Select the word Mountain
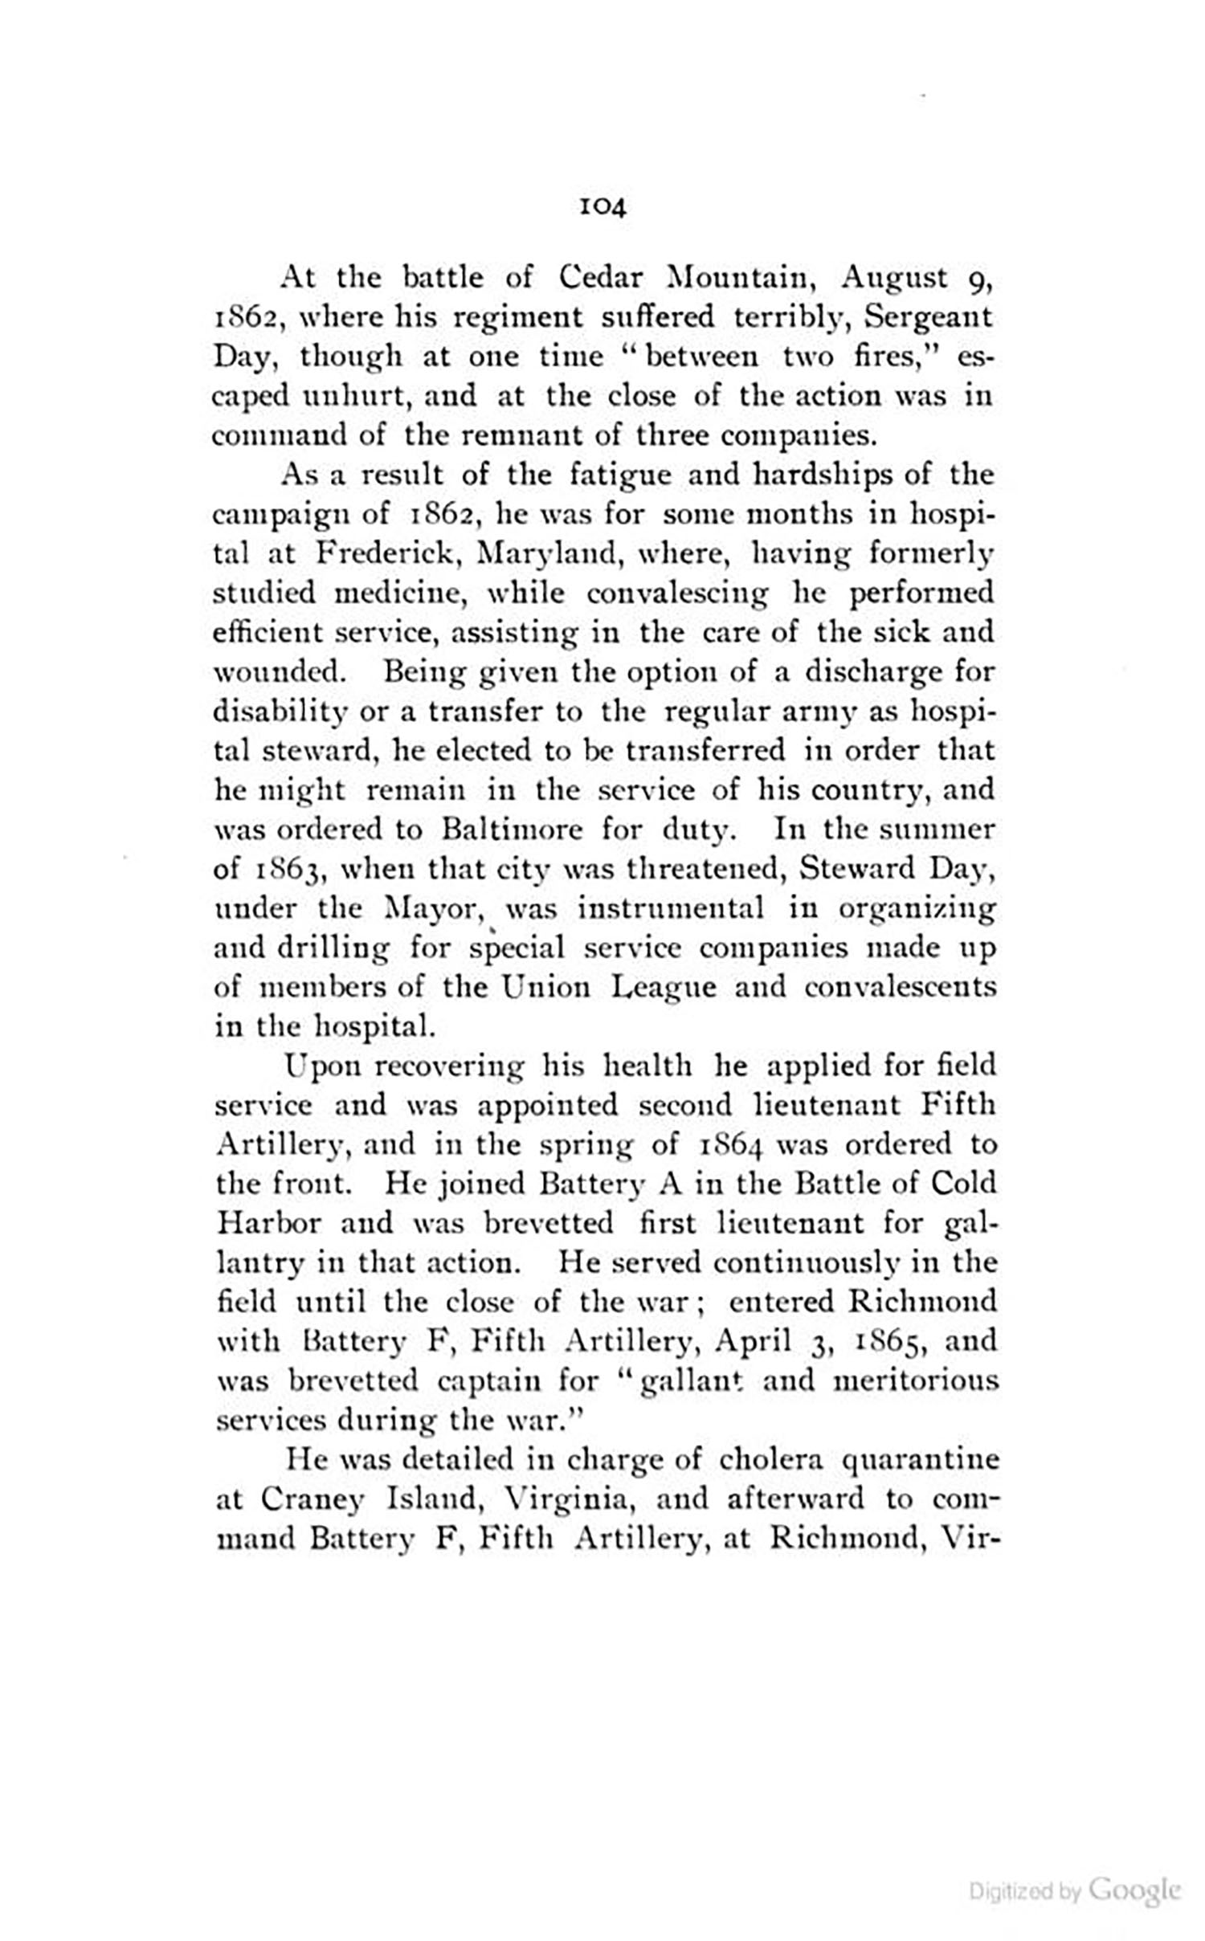[x=741, y=277]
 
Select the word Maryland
[x=548, y=554]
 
